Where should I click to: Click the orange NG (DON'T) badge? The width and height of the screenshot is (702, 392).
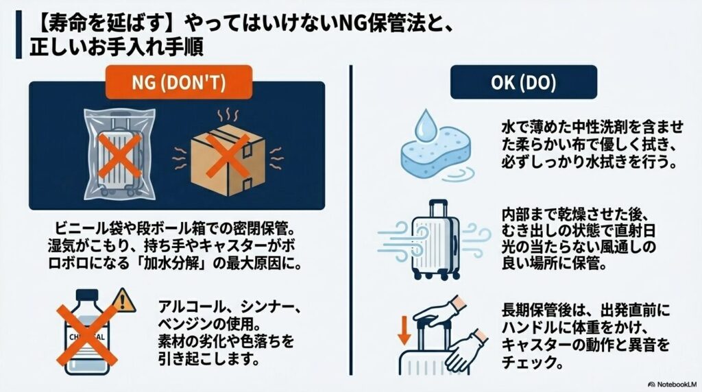pos(179,82)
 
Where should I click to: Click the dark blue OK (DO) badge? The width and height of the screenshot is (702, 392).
pos(523,82)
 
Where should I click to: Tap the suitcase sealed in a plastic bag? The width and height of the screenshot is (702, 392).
pos(120,154)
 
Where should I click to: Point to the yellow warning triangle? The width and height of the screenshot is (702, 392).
pos(124,300)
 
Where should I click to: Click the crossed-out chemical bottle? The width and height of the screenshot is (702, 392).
pos(87,332)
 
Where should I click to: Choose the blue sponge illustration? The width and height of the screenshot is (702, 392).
pos(435,154)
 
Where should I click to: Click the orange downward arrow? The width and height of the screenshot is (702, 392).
pos(404,330)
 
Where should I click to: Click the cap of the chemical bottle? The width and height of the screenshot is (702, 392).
pos(87,295)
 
